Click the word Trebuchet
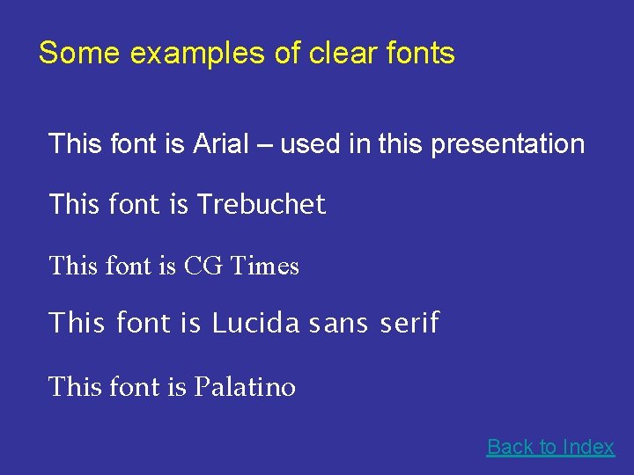(261, 204)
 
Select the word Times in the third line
(264, 266)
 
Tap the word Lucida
(256, 324)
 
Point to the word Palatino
(245, 387)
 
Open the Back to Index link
(550, 447)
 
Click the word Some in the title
(79, 54)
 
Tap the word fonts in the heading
(421, 54)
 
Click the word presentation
(507, 144)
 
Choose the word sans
(338, 324)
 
